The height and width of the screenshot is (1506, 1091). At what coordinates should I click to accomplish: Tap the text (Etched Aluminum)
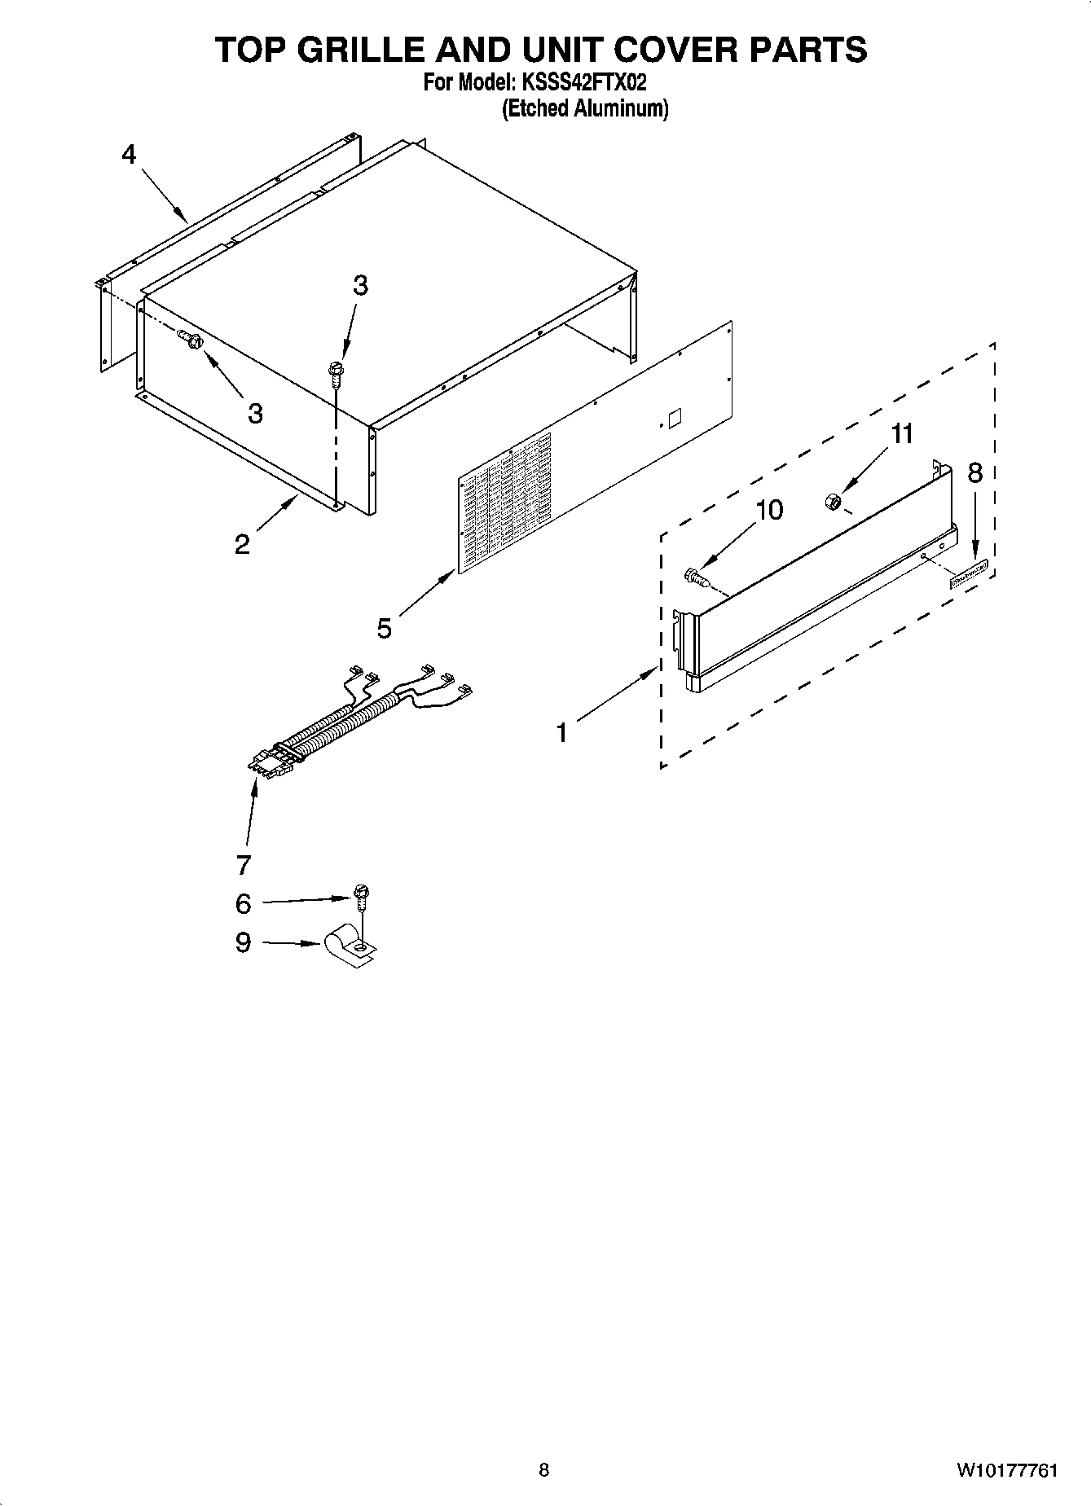[584, 108]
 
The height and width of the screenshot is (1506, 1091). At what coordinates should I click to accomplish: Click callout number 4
[129, 154]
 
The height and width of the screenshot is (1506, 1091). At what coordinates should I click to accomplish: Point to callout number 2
[242, 544]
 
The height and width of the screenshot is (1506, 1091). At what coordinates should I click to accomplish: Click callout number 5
[384, 628]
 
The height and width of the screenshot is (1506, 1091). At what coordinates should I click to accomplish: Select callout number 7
[243, 864]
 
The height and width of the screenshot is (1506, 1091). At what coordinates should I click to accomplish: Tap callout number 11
[902, 434]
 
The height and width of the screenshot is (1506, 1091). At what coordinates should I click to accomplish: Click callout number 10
[769, 510]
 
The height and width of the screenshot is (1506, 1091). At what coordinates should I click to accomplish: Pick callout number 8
[974, 472]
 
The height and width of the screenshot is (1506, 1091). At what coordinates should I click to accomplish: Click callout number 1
[561, 733]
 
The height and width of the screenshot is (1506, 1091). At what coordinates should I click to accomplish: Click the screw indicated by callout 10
[695, 577]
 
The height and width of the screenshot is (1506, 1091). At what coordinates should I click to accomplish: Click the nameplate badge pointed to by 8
[968, 575]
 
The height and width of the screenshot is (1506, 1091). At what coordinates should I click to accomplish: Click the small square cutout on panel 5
[674, 419]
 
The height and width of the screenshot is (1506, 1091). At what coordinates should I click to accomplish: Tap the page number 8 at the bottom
[543, 1470]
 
